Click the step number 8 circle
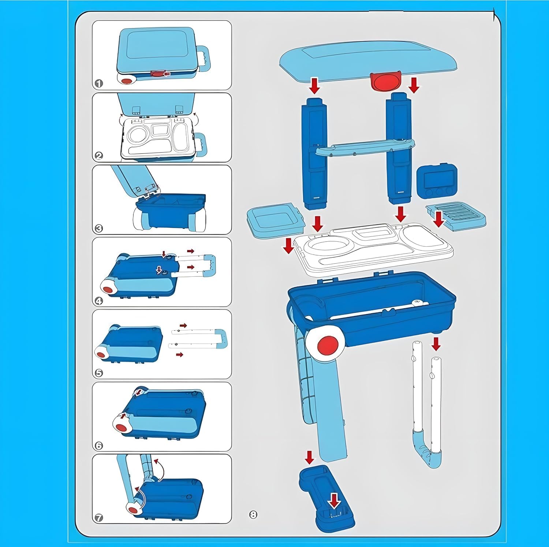[x=253, y=514]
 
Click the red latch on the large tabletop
[x=385, y=81]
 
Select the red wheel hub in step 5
[x=100, y=352]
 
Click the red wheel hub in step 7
[x=132, y=509]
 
